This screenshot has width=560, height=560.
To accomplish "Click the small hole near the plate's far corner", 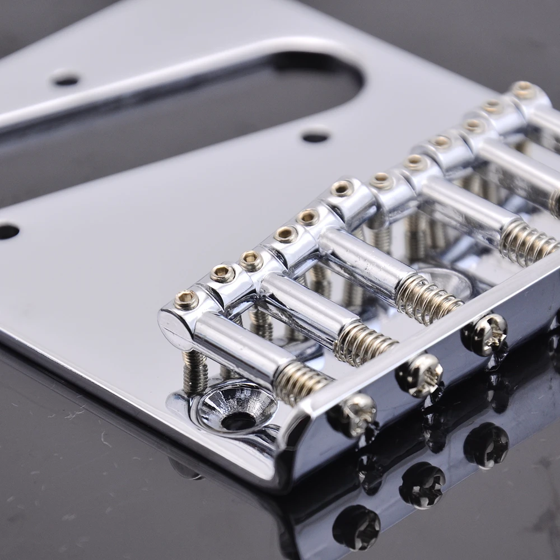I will [66, 80].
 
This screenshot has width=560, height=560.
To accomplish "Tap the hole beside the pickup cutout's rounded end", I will [315, 136].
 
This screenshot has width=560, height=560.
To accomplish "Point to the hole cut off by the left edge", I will [7, 231].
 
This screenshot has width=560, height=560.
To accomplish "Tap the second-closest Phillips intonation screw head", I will [421, 374].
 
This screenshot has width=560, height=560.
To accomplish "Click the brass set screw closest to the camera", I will [186, 300].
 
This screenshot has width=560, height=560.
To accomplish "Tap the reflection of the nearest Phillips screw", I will [356, 527].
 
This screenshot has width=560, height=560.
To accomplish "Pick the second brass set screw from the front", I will [222, 273].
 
